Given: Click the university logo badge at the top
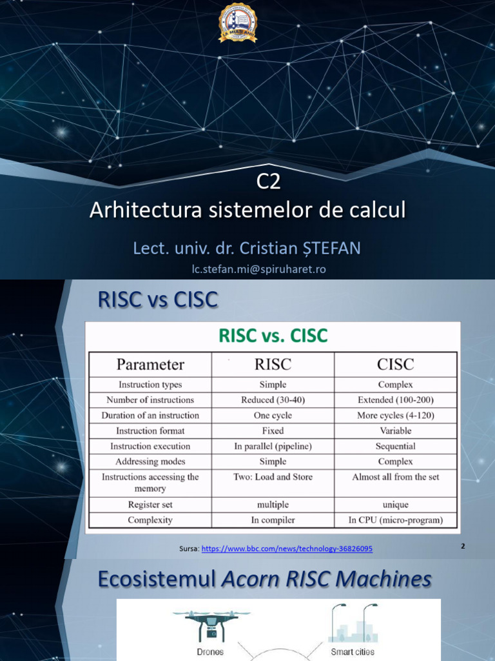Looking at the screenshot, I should click(x=238, y=23).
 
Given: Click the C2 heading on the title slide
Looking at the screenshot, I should click(x=269, y=183).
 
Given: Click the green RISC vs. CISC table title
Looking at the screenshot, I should click(x=273, y=336).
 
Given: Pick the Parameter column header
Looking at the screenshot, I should click(x=150, y=364).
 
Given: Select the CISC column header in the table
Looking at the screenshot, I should click(x=395, y=364).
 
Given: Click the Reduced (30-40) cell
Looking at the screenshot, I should click(x=273, y=400).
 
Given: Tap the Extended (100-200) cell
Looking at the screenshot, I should click(x=396, y=400).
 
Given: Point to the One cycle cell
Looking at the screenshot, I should click(x=273, y=415).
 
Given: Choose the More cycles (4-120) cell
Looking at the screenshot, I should click(x=396, y=415).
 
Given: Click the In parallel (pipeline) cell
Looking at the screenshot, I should click(x=273, y=446).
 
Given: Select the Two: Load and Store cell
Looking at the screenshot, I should click(x=273, y=477).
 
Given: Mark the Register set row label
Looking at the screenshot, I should click(x=150, y=504).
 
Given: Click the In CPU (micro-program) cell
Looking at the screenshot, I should click(x=396, y=520).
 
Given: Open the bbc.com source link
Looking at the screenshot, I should click(x=287, y=549).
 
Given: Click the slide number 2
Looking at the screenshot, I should click(x=463, y=546).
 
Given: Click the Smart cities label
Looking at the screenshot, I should click(x=353, y=651).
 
